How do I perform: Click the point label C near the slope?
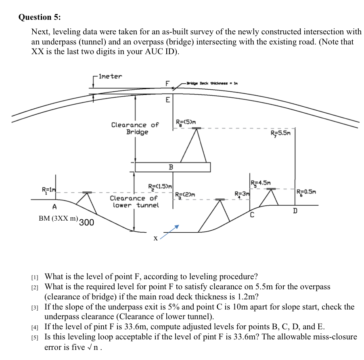coord(252,214)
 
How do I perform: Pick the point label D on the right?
coord(295,210)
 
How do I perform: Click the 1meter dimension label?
coord(110,76)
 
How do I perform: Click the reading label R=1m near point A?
coord(48,190)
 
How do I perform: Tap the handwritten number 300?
coord(86,222)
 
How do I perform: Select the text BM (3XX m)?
coord(58,218)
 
